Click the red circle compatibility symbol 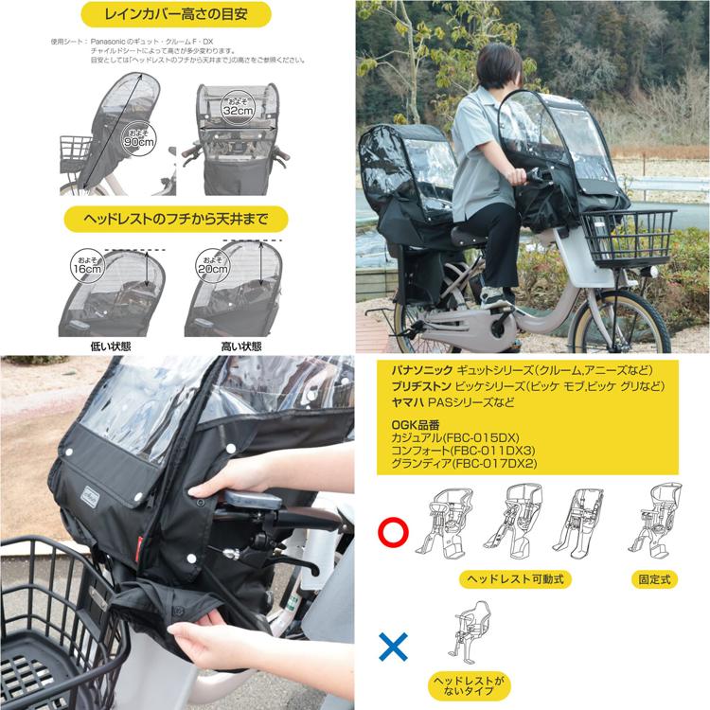[x=393, y=532]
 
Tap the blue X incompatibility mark [x=393, y=647]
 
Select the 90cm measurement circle [x=139, y=137]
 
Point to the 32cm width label [x=239, y=108]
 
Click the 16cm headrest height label [x=87, y=266]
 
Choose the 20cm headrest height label [x=212, y=266]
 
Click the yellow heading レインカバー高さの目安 [x=176, y=14]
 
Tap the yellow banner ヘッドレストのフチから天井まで [x=176, y=220]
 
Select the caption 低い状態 [x=111, y=346]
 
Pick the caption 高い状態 [x=240, y=346]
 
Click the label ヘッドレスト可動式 [x=515, y=579]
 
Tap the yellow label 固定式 [x=654, y=579]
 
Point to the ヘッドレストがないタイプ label [x=470, y=686]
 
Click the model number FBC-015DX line [x=455, y=438]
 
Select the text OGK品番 [x=416, y=425]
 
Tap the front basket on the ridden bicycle [x=629, y=238]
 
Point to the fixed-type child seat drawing [x=655, y=522]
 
